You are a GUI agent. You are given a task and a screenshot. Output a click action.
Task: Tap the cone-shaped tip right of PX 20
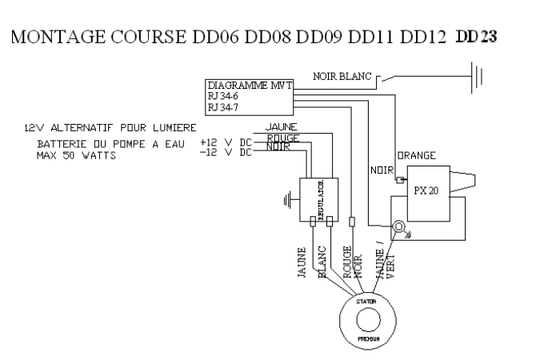(466, 181)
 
